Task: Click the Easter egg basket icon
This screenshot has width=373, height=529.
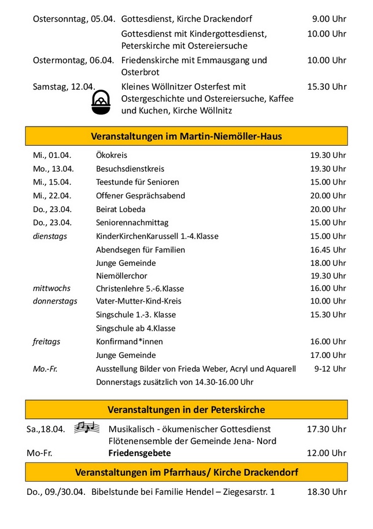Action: (x=101, y=103)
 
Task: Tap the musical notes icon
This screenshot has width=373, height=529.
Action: (x=87, y=428)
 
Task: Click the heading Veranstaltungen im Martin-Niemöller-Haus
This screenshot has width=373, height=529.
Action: (x=186, y=136)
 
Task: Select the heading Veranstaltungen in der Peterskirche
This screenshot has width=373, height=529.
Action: (x=186, y=409)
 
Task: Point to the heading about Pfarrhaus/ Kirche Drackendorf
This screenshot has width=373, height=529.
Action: (x=186, y=472)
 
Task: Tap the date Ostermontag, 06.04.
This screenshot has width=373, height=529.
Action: (x=73, y=60)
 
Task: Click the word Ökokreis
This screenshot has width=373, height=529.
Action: (x=112, y=156)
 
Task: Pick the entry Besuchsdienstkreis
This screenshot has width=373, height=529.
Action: (x=130, y=169)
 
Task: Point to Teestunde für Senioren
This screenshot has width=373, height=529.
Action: (x=138, y=182)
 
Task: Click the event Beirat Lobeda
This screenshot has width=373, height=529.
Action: (x=121, y=209)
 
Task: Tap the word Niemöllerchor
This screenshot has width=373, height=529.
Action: (x=121, y=275)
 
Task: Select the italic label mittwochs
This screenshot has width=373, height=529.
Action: (x=51, y=288)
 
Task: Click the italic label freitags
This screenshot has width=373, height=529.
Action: (x=46, y=342)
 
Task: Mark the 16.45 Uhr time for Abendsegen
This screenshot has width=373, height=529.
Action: (x=328, y=250)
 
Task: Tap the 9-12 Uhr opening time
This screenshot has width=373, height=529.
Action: (x=330, y=369)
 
